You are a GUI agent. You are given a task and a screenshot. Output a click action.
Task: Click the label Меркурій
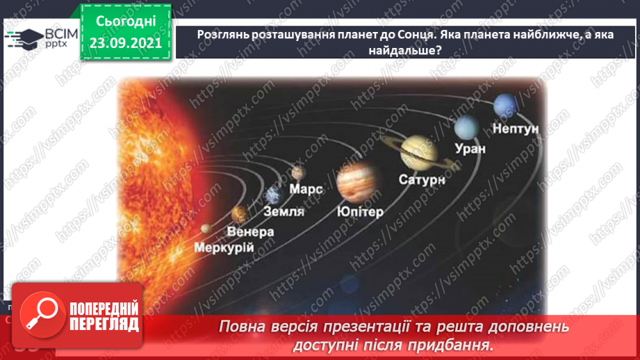pos(224,248)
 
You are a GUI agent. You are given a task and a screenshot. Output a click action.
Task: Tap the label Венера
pos(251,231)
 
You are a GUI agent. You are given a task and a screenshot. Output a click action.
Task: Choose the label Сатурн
pos(421,179)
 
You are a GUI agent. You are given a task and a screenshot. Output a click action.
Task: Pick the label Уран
pos(470,148)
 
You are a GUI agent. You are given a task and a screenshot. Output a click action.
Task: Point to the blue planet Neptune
pos(504,106)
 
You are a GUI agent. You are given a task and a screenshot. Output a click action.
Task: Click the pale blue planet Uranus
pos(467,127)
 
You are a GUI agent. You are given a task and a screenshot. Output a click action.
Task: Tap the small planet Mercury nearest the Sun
pos(206,228)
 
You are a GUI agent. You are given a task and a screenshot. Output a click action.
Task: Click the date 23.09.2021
pos(125,43)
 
